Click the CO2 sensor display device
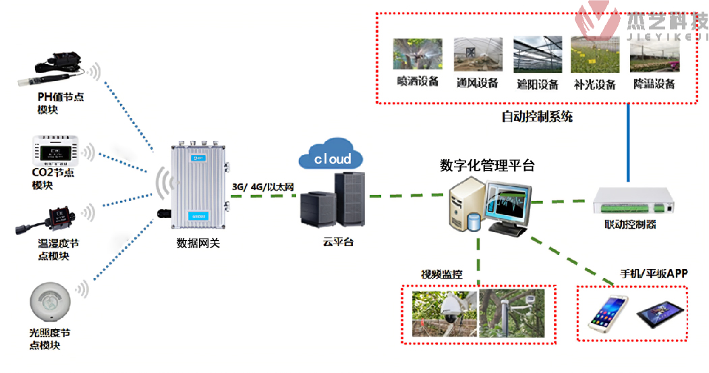point(57,151)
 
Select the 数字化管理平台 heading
point(486,165)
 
